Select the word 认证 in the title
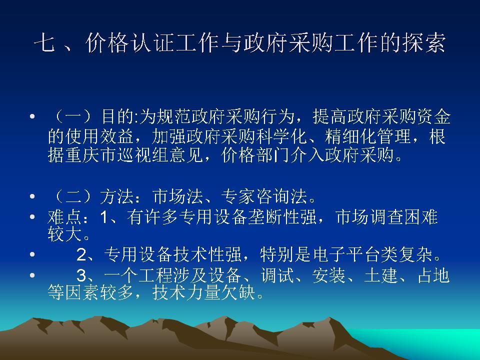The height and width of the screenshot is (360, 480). pyautogui.click(x=134, y=44)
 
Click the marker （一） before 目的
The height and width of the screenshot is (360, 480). pyautogui.click(x=72, y=118)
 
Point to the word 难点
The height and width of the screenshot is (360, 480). pyautogui.click(x=61, y=217)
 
